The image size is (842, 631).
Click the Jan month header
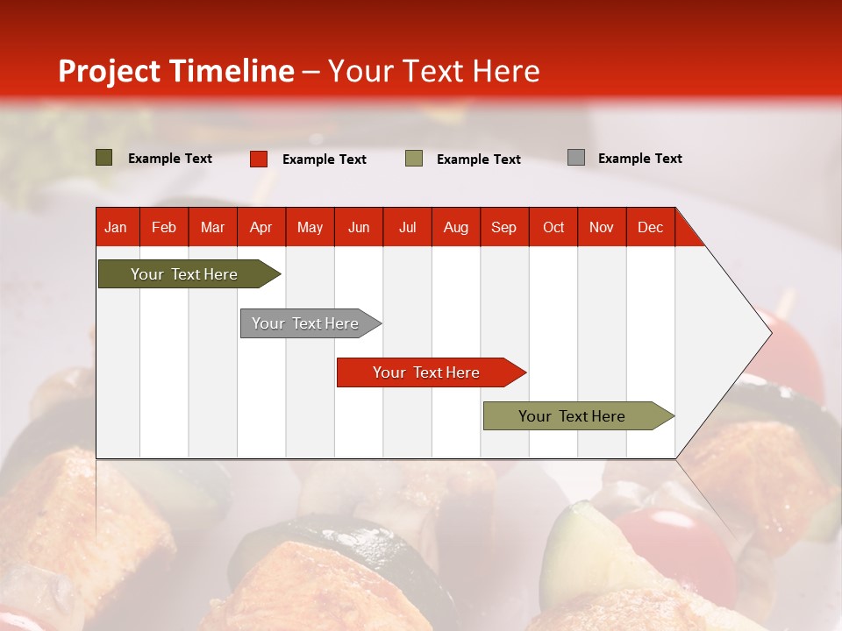(x=116, y=227)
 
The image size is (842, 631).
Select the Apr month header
(x=260, y=227)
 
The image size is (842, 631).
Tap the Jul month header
(x=407, y=227)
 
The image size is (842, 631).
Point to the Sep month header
(x=503, y=227)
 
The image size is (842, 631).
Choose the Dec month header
(x=650, y=227)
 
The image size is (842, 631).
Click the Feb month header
(x=164, y=227)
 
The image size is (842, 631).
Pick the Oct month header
(x=553, y=227)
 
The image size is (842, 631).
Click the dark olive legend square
(x=104, y=158)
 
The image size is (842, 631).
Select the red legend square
(x=259, y=159)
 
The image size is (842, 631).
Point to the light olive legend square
(x=414, y=159)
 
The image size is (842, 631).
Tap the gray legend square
(x=576, y=158)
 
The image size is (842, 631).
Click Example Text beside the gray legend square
(x=639, y=159)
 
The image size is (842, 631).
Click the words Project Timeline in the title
(x=175, y=71)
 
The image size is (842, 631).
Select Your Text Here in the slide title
(x=433, y=71)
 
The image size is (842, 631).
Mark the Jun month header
(x=358, y=227)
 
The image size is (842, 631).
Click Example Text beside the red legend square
(x=324, y=160)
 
